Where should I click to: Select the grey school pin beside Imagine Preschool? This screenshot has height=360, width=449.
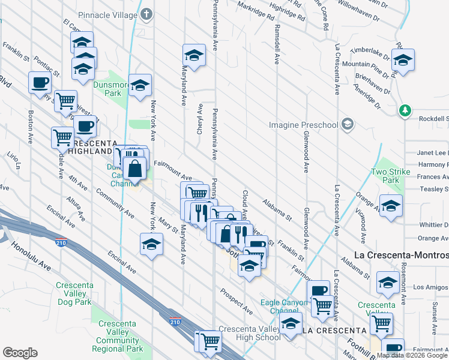[346, 124]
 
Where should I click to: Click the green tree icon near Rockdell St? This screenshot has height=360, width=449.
[406, 110]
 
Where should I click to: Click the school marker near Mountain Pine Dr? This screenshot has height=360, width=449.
[403, 60]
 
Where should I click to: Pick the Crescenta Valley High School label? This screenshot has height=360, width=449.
[249, 333]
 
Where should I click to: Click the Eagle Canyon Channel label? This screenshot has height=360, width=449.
[280, 307]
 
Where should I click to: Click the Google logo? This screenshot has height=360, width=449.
[20, 353]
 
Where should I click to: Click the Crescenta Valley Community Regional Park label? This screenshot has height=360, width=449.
[118, 340]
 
